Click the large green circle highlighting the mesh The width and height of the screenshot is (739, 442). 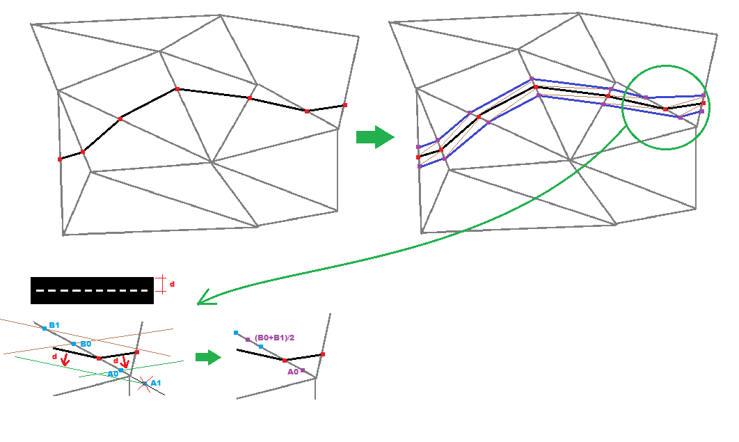point(666,106)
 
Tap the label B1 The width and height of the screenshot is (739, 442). point(54,325)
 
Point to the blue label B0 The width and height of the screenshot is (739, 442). point(86,344)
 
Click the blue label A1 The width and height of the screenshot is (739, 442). point(156,382)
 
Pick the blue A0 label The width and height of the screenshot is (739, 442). point(112,374)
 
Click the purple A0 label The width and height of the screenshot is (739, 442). point(293,372)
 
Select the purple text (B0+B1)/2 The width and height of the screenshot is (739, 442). point(275,338)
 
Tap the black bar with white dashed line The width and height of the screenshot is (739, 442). point(92,290)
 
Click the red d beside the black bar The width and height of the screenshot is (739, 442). point(172,284)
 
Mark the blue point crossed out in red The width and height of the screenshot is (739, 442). point(145,383)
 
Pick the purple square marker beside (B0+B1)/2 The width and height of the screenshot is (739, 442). point(248,340)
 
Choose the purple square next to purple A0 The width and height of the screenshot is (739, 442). point(303,370)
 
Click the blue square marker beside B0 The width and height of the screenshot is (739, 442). point(74,344)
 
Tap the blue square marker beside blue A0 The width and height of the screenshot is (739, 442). point(121,371)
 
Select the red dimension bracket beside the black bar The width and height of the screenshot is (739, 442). point(161,284)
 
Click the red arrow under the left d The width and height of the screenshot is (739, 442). point(65,360)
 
